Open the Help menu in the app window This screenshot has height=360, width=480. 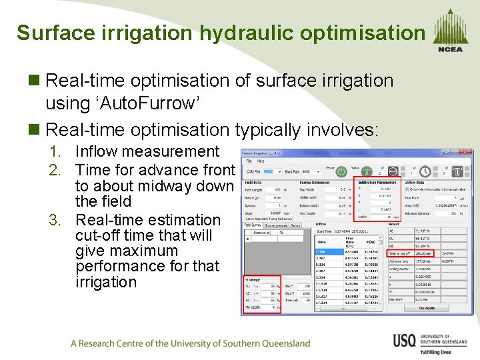pyautogui.click(x=261, y=161)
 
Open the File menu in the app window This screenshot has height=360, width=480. pyautogui.click(x=249, y=161)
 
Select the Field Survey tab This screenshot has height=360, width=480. pyautogui.click(x=252, y=225)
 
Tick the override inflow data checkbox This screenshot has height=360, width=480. pyautogui.click(x=407, y=190)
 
